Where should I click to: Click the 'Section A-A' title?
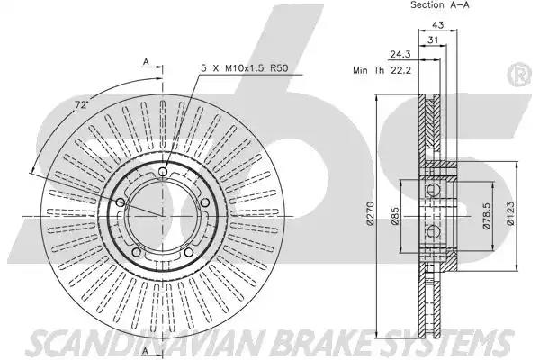click(x=440, y=4)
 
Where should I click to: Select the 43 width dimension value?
click(x=437, y=25)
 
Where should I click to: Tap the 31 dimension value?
click(x=433, y=40)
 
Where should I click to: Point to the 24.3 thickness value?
click(x=400, y=54)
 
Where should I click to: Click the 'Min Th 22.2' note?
click(x=382, y=70)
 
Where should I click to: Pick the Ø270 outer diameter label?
click(x=370, y=213)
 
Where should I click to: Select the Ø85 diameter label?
click(x=395, y=216)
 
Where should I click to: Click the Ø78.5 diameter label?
click(x=487, y=216)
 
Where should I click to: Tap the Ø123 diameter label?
click(x=510, y=213)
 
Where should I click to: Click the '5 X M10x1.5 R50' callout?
click(x=245, y=68)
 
